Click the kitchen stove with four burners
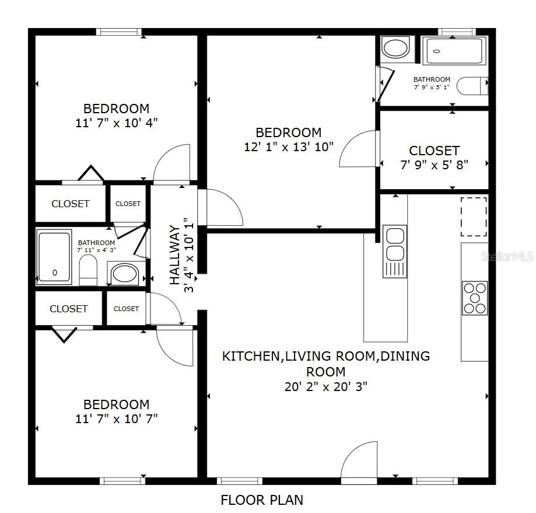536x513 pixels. (475, 298)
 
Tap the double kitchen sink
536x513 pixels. (395, 245)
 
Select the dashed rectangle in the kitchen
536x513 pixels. (474, 216)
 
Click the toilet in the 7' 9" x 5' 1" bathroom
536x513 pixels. (472, 86)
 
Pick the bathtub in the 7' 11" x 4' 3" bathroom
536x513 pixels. (54, 256)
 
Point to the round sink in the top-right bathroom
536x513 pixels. (397, 48)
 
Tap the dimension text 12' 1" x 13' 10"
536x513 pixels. (289, 146)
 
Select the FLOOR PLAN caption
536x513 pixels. (262, 500)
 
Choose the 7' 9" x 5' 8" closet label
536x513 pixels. (434, 158)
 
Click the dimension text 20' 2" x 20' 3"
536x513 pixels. (325, 386)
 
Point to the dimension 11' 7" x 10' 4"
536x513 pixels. (116, 123)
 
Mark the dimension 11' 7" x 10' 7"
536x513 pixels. (116, 418)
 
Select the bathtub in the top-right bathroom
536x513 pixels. (453, 51)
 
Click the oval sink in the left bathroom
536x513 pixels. (124, 273)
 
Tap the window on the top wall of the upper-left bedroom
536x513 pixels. (119, 32)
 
